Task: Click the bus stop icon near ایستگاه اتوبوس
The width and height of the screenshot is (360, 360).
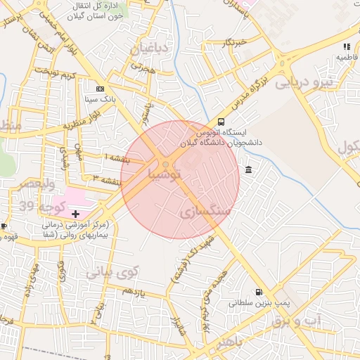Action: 221,121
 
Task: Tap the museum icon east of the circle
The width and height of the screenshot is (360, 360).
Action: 250,169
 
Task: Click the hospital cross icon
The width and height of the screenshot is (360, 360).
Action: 76,213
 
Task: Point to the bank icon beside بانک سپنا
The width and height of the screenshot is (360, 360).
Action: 100,89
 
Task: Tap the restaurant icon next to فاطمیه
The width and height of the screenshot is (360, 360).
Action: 347,46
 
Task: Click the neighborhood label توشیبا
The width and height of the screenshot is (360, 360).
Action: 165,172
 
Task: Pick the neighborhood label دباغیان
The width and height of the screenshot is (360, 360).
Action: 149,49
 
